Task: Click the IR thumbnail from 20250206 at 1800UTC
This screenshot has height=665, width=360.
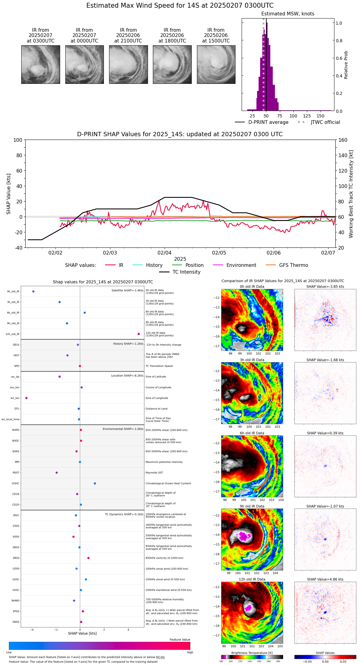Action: pos(172,64)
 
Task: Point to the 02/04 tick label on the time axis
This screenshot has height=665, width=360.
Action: pos(164,253)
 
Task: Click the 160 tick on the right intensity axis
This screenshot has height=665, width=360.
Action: pos(343,140)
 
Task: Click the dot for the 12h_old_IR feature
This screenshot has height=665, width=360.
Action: pos(139,334)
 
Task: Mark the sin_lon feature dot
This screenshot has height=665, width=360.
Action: pos(27,398)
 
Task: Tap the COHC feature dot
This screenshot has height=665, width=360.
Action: pos(95,483)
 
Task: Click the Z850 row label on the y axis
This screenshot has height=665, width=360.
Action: pos(16,558)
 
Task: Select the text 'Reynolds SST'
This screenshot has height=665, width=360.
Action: pos(154,473)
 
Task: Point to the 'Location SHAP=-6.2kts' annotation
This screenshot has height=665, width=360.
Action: pos(127,376)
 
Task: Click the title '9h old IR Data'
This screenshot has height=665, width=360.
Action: pos(252,506)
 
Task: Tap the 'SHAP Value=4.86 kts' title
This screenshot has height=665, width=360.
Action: pos(325,579)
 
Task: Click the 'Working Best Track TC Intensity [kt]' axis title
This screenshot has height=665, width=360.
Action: pos(351,194)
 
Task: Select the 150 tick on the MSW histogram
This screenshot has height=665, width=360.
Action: pos(321,116)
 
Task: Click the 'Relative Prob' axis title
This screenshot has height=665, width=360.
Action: pos(346,65)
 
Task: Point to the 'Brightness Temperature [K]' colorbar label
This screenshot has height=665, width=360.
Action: pos(252,653)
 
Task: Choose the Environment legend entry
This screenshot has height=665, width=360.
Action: pos(241,265)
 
